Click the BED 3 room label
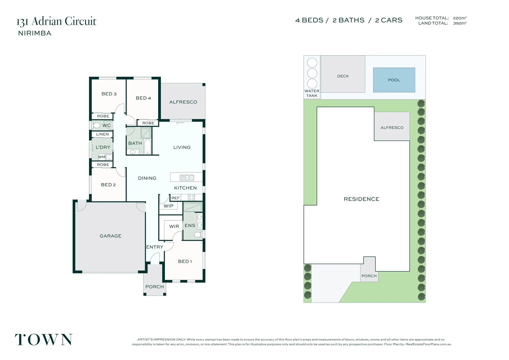click(x=109, y=94)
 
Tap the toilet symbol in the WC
click(x=96, y=125)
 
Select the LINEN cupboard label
click(x=102, y=134)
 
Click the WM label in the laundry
click(x=102, y=157)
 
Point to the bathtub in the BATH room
click(x=148, y=147)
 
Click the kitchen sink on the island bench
click(x=187, y=178)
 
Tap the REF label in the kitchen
click(x=176, y=198)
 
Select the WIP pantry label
click(x=169, y=206)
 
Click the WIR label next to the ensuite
click(x=174, y=226)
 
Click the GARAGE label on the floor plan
click(x=111, y=236)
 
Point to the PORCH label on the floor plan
click(x=155, y=287)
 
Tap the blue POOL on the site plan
click(x=394, y=80)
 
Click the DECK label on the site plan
click(x=343, y=76)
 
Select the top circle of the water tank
click(x=312, y=63)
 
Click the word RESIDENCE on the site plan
click(x=361, y=199)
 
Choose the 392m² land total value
click(x=460, y=23)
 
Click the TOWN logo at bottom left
click(x=44, y=340)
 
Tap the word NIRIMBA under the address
click(x=35, y=33)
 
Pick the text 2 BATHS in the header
click(x=348, y=20)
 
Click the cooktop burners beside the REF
click(x=192, y=197)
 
